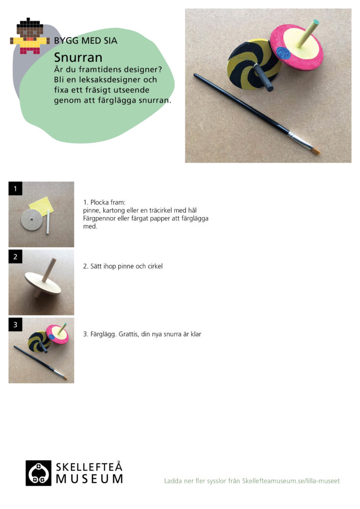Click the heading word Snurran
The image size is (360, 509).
click(78, 58)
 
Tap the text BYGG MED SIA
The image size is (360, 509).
click(86, 41)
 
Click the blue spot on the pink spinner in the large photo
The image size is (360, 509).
click(284, 52)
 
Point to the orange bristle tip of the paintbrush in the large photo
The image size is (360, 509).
click(316, 150)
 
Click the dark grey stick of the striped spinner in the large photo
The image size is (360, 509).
click(263, 78)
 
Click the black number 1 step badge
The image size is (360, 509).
click(15, 188)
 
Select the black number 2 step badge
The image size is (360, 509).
click(15, 257)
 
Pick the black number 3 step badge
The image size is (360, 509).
click(15, 325)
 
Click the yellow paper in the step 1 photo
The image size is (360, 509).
click(42, 206)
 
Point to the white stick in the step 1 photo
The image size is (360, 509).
click(48, 221)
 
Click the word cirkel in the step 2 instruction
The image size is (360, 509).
click(155, 266)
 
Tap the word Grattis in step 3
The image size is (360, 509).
click(129, 334)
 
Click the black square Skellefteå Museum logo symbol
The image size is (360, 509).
click(38, 473)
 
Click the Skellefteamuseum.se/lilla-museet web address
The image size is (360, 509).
click(291, 481)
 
